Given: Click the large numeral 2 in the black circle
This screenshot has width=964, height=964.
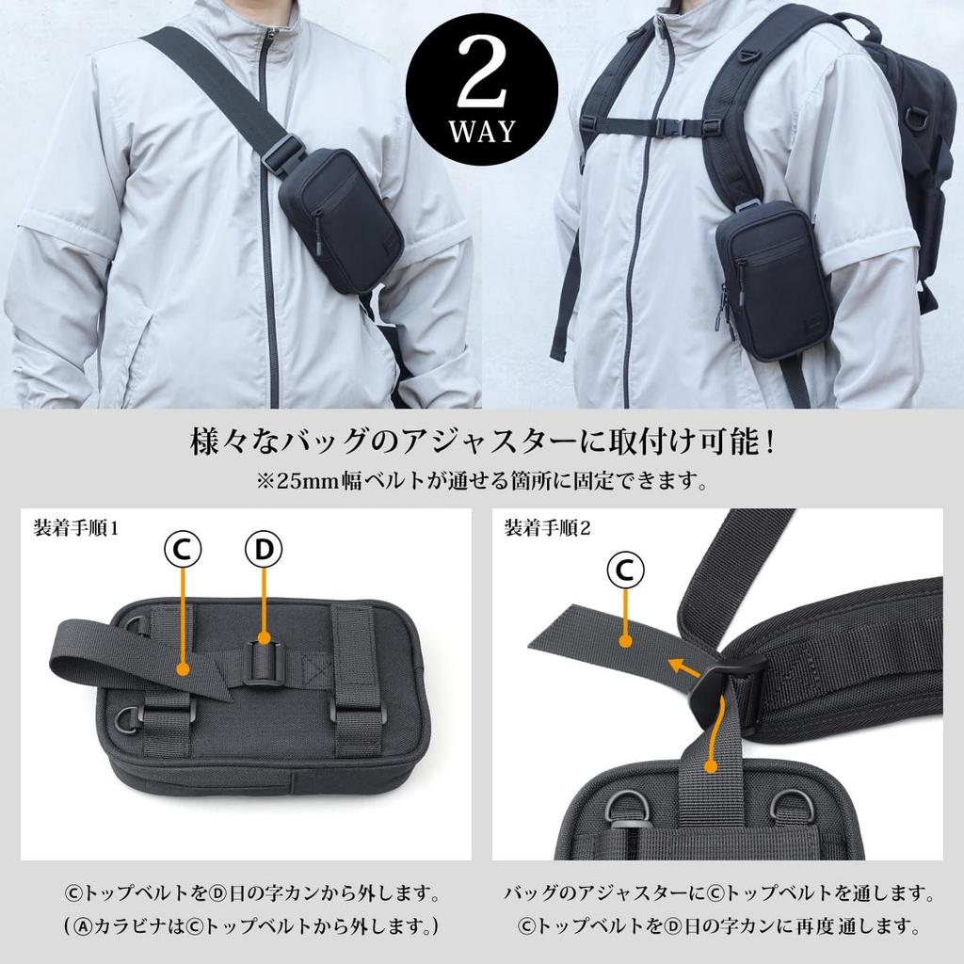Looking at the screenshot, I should [x=481, y=82].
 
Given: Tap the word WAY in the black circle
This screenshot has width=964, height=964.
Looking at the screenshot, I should [x=482, y=131].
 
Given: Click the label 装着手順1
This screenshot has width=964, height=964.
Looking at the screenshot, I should [x=76, y=527].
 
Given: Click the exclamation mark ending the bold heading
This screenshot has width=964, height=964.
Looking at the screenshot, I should [x=770, y=441].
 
